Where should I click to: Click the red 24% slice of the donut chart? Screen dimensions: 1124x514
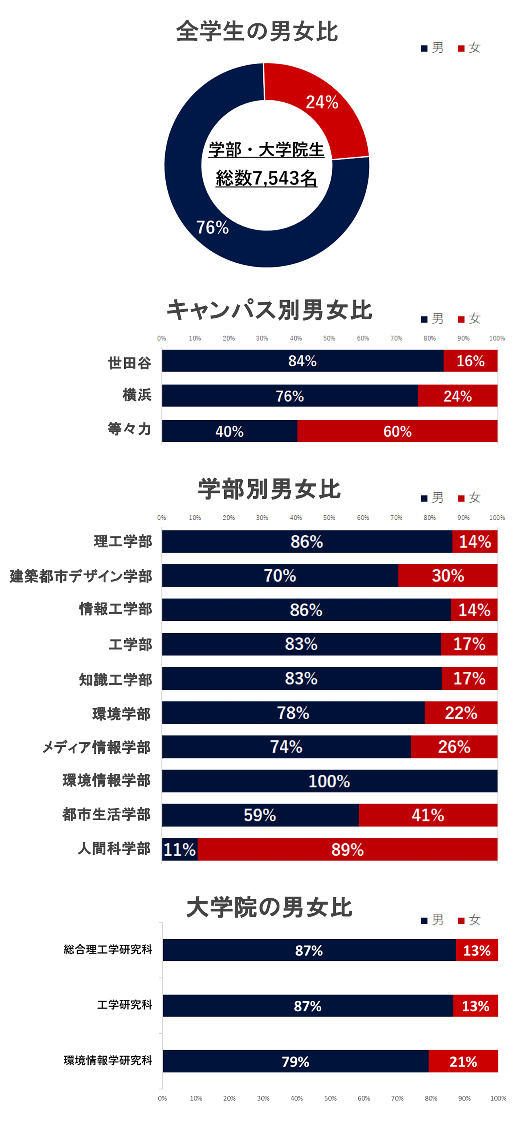321,109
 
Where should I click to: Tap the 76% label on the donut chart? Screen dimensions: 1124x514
212,227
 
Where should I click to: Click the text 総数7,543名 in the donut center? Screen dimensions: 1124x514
266,178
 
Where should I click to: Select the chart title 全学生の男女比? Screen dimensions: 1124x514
257,31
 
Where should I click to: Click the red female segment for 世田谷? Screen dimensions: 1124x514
470,361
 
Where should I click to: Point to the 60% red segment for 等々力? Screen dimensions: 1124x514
397,431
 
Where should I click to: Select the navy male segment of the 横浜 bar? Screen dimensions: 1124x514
289,396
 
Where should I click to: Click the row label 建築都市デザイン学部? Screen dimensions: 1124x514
81,576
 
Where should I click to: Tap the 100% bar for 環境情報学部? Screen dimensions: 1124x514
329,781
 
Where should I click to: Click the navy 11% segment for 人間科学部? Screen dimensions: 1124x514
179,850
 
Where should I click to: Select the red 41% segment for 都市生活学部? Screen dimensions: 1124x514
428,815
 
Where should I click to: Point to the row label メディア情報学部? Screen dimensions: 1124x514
96,747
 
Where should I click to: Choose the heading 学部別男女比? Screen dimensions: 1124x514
269,489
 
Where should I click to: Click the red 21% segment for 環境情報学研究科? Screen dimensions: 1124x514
463,1061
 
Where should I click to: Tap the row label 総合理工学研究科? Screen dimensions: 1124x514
108,950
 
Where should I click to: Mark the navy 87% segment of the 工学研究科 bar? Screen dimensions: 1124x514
308,1006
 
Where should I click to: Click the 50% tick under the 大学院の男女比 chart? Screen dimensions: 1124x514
330,1098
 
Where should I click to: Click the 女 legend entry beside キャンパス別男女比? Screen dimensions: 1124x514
470,319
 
